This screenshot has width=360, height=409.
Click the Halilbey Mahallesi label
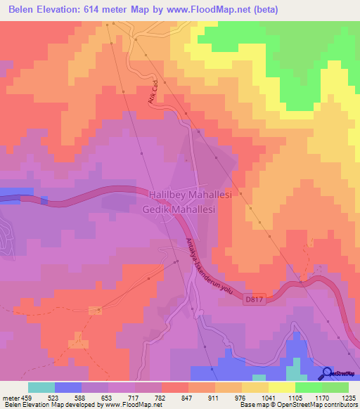pos(196,194)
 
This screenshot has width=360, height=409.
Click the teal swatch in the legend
pos(41,387)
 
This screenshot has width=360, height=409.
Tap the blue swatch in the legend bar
pos(68,387)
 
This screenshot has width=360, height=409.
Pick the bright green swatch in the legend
pos(308,387)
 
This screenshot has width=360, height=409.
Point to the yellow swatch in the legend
pos(281,387)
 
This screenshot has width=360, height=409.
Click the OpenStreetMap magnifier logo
pos(326,373)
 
